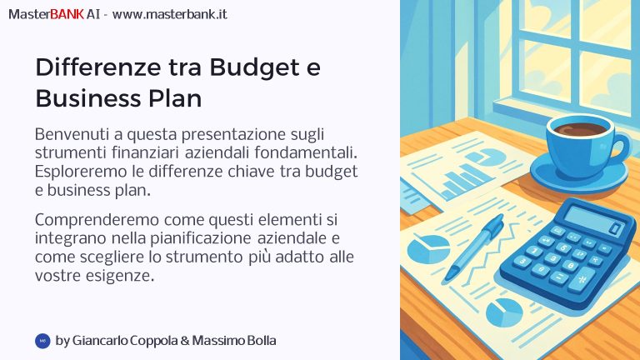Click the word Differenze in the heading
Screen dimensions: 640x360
[98, 67]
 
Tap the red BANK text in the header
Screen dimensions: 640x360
[67, 14]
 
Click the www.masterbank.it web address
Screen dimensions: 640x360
[169, 14]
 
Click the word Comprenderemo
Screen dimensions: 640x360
[97, 220]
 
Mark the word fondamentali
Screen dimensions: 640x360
[306, 152]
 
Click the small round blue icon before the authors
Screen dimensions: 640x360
[42, 341]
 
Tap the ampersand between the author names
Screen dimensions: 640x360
[184, 341]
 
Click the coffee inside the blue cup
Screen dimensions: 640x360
[580, 129]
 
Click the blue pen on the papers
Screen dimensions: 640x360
[474, 247]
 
